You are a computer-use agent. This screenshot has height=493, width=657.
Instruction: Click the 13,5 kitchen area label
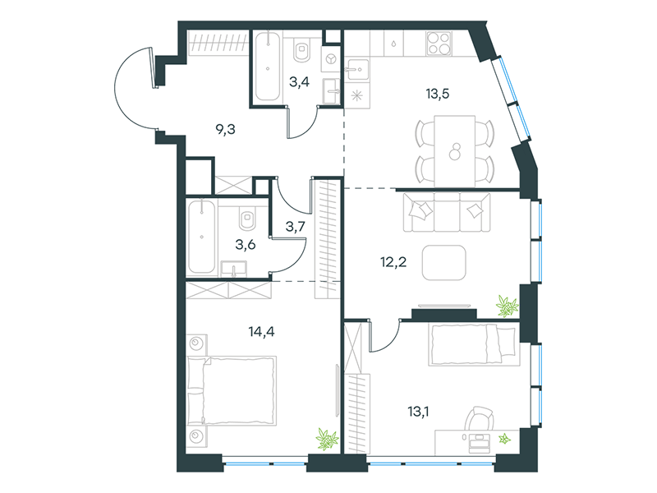(438, 94)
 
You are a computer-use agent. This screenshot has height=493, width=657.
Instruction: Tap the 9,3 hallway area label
(225, 130)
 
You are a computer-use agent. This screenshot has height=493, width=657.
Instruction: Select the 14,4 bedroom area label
(261, 332)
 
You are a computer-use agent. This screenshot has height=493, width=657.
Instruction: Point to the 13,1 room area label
(418, 412)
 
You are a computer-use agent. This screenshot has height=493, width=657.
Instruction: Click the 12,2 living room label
(393, 262)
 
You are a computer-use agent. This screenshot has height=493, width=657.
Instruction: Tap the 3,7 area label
(296, 227)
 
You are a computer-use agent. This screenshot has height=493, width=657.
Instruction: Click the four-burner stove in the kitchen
(439, 44)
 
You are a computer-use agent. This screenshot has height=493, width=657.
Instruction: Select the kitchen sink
(357, 69)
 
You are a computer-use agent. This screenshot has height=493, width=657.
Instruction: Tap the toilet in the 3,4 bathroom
(301, 50)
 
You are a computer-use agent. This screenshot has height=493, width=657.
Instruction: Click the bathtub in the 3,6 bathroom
(201, 237)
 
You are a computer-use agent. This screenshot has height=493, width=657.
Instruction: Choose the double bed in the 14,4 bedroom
(232, 391)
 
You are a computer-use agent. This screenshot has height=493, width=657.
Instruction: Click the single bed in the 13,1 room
(472, 343)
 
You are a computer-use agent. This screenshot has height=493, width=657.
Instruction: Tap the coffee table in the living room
(443, 263)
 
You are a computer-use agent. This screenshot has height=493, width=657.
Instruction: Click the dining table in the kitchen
(455, 151)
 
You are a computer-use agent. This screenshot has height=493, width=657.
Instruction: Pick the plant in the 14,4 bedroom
(327, 440)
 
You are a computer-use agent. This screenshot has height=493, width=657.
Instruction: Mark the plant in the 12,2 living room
(508, 306)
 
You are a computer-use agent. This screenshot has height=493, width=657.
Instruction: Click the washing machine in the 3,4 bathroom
(331, 58)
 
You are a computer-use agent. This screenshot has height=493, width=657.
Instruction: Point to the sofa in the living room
(447, 212)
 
